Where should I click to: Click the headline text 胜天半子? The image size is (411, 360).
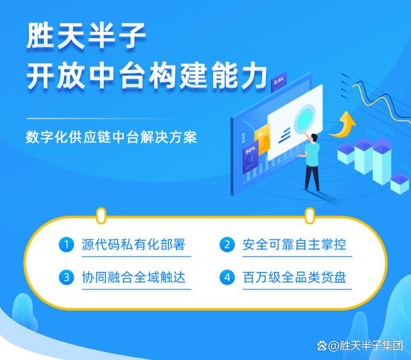(x=86, y=36)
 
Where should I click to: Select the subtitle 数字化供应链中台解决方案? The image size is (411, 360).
(x=111, y=137)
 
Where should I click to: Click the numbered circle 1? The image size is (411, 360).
(x=66, y=244)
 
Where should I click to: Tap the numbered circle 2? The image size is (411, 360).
(x=227, y=244)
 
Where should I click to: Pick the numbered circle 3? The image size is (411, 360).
(x=66, y=277)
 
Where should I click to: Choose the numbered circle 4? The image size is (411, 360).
(x=227, y=277)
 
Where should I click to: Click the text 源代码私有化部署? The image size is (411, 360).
(x=134, y=244)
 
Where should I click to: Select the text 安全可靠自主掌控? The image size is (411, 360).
(x=294, y=244)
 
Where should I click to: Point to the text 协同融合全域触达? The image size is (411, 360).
(x=134, y=277)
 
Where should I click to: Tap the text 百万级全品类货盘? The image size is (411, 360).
(x=294, y=277)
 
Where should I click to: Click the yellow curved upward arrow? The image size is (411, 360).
(x=343, y=125)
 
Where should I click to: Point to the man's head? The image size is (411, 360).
(x=314, y=138)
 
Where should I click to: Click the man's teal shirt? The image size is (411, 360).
(x=312, y=155)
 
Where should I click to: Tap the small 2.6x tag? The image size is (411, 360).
(x=279, y=81)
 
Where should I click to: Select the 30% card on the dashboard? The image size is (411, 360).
(x=250, y=158)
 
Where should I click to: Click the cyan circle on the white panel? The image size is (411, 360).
(x=304, y=119)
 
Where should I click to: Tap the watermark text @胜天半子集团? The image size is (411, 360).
(x=365, y=346)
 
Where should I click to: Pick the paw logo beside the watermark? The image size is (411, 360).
(x=322, y=346)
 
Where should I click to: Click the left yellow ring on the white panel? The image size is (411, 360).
(x=101, y=216)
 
